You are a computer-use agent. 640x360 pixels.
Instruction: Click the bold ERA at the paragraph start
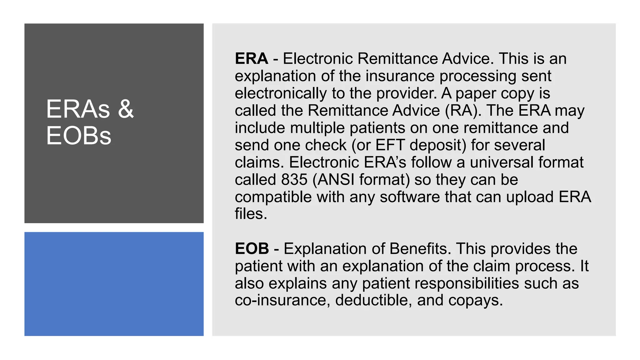coord(251,59)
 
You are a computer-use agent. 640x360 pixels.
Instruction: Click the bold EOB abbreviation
coord(252,249)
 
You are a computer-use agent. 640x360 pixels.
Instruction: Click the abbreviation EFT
coord(390,145)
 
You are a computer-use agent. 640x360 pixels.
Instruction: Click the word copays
coord(475,300)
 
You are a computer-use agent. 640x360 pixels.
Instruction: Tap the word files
coord(251,214)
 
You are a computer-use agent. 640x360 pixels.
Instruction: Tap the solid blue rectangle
coord(114,284)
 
